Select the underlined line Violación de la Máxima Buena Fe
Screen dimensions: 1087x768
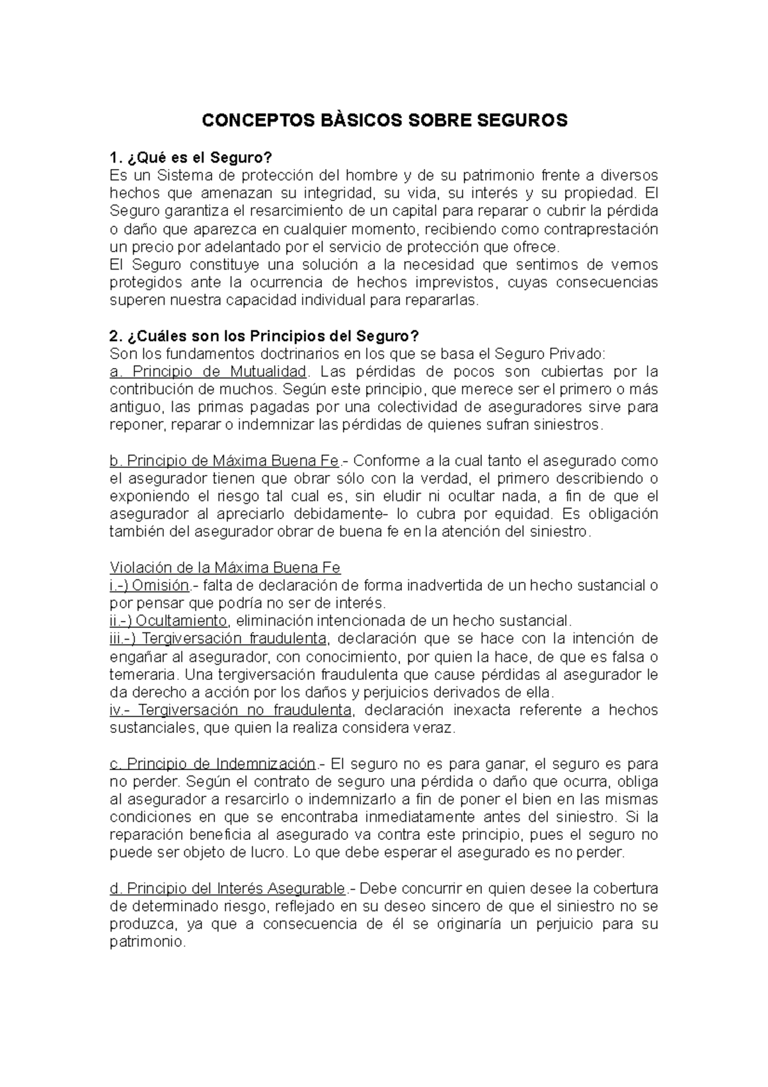click(x=225, y=567)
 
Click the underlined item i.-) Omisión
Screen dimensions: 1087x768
click(x=150, y=585)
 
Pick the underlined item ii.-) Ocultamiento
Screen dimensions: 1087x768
click(x=169, y=621)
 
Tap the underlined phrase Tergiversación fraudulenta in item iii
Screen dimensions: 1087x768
click(x=234, y=638)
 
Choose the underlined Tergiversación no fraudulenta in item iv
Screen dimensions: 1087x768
click(x=244, y=710)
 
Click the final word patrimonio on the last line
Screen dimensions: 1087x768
click(x=147, y=942)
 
